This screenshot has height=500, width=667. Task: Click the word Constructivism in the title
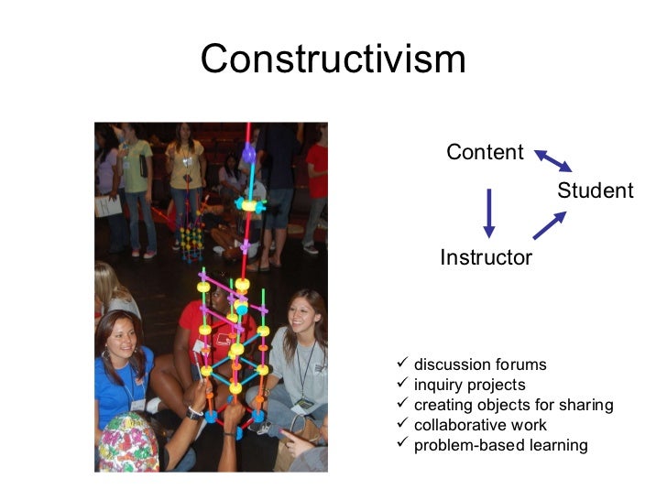(333, 60)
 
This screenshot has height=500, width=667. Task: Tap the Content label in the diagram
(485, 152)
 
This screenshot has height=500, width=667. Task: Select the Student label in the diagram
(596, 190)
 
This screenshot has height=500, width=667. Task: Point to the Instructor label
(486, 257)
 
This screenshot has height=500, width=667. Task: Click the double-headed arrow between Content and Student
(553, 161)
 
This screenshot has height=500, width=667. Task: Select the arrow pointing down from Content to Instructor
(489, 212)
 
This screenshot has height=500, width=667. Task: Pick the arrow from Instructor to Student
(550, 224)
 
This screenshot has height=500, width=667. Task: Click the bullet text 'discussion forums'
(480, 364)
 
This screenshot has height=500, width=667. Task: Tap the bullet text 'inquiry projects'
(470, 385)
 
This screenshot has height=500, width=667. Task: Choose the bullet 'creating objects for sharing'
(513, 405)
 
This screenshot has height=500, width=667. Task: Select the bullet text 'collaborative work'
(480, 425)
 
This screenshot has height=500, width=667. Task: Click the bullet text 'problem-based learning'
(500, 445)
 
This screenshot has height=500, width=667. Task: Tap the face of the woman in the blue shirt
(121, 336)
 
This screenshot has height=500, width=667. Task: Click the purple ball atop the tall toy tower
(248, 155)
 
